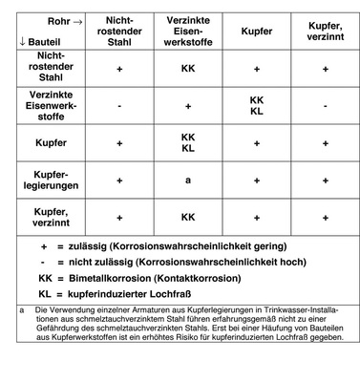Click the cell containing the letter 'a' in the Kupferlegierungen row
tap(188, 178)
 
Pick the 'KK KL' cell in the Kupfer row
tap(188, 141)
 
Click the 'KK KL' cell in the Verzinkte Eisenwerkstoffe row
tap(256, 104)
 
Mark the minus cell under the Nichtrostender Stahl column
tap(120, 105)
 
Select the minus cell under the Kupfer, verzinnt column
tap(325, 105)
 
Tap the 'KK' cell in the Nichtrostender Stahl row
tap(188, 70)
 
